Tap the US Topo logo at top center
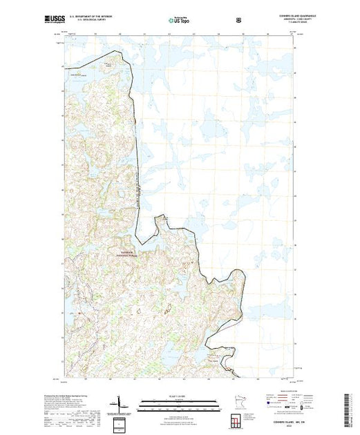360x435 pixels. (x=180, y=21)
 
